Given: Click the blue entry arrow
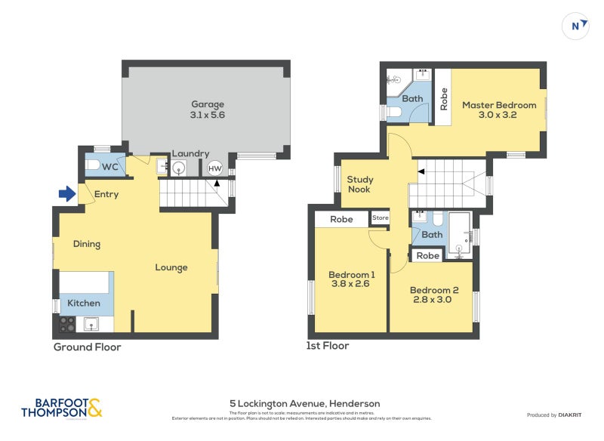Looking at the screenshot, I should click(x=67, y=194).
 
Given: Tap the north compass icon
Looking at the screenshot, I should click(x=576, y=26).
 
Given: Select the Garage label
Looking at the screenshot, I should click(x=208, y=104).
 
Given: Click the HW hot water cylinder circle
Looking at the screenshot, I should click(x=214, y=168).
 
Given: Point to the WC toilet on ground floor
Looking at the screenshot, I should click(x=92, y=165).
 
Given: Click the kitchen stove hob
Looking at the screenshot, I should click(x=67, y=324).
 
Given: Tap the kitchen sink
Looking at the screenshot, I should click(x=91, y=325).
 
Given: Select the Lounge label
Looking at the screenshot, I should click(x=171, y=267).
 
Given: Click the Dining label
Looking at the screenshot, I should click(x=87, y=244).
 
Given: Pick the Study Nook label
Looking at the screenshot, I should click(x=360, y=184).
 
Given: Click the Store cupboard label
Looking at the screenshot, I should click(x=381, y=218).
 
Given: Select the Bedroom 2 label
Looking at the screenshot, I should click(x=434, y=290).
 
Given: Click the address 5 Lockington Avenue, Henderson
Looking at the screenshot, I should click(x=305, y=403).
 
